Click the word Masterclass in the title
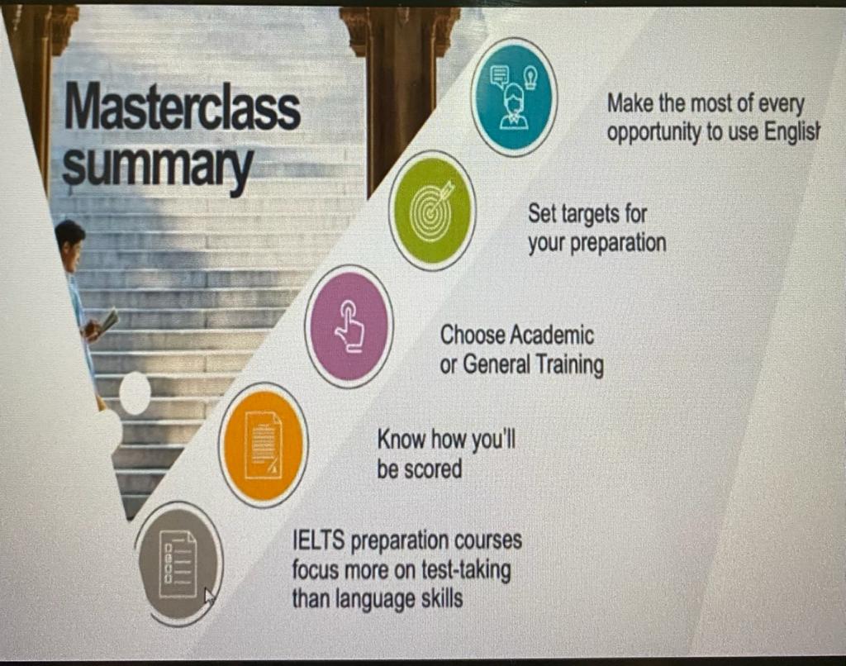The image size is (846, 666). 183,107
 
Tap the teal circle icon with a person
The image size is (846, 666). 514,96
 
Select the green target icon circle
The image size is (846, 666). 433,211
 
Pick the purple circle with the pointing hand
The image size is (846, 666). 349,326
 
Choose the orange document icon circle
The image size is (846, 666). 264,445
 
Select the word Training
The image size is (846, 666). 569,365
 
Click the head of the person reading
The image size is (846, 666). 69,238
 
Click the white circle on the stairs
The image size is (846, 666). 135,394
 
